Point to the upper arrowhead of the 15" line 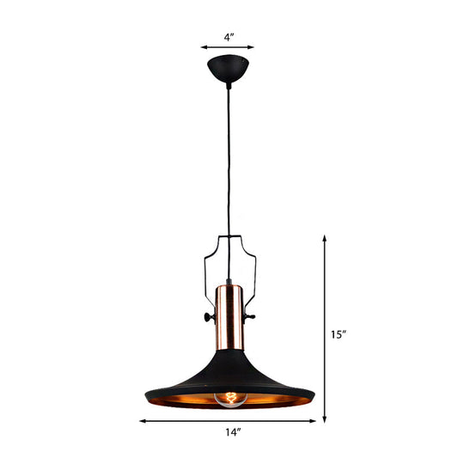pyautogui.click(x=325, y=239)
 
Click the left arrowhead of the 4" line pyautogui.click(x=205, y=49)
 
